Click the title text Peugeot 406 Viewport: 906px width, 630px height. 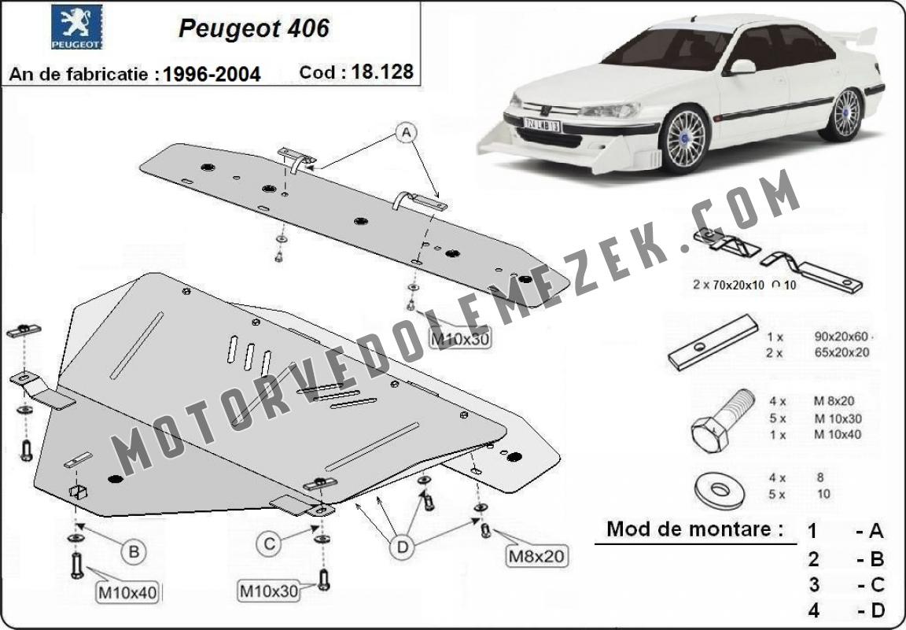point(253,28)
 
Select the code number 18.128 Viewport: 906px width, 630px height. point(382,72)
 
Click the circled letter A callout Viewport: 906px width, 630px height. point(407,134)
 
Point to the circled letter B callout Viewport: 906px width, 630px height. point(134,552)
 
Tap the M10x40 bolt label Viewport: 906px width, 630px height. point(126,591)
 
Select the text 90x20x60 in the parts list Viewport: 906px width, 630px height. point(842,336)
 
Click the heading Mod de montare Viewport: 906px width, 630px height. point(695,529)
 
